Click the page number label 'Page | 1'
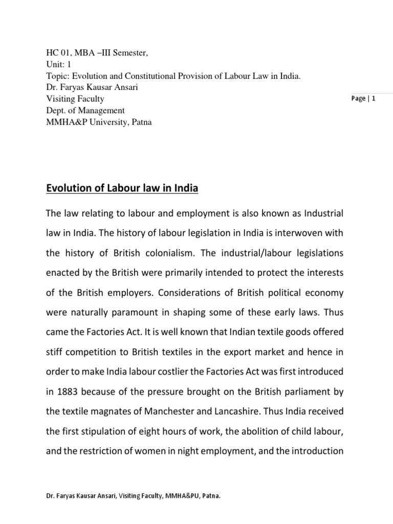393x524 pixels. (x=364, y=99)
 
